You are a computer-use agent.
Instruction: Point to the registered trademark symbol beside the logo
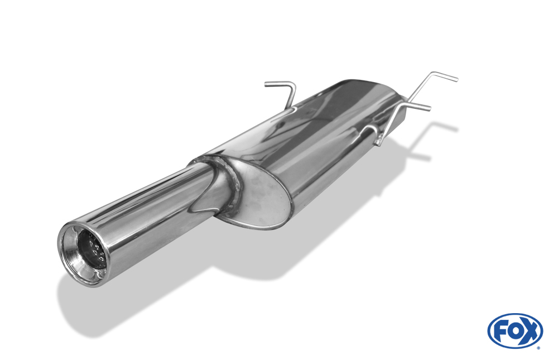tap(538, 348)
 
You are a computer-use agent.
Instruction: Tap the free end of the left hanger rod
tap(266, 84)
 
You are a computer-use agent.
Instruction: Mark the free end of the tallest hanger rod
tap(456, 79)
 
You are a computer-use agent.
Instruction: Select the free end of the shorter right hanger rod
tap(429, 108)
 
